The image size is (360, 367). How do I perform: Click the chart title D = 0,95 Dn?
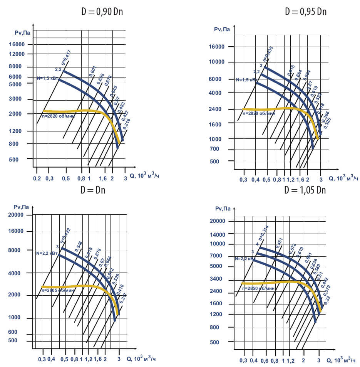point(305,11)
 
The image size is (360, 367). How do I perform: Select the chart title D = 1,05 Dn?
point(305,190)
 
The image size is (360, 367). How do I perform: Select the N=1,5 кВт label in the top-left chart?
point(48,78)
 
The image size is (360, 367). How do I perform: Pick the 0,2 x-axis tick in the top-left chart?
point(37,179)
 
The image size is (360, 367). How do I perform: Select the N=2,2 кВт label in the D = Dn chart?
point(47,253)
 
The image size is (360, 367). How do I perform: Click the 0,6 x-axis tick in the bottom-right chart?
point(264,360)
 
